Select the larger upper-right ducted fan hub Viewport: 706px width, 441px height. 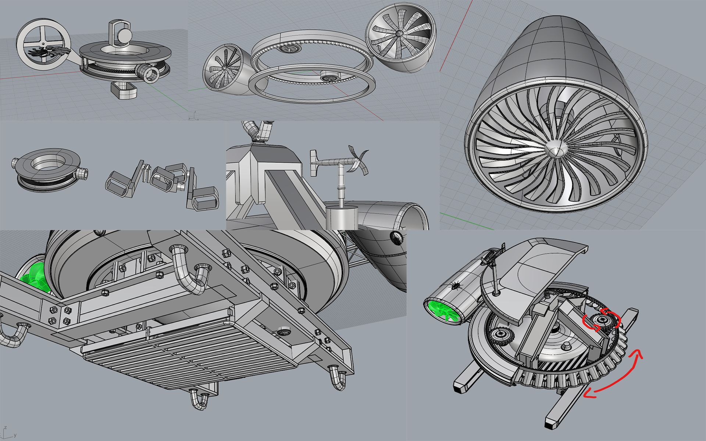(400, 33)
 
